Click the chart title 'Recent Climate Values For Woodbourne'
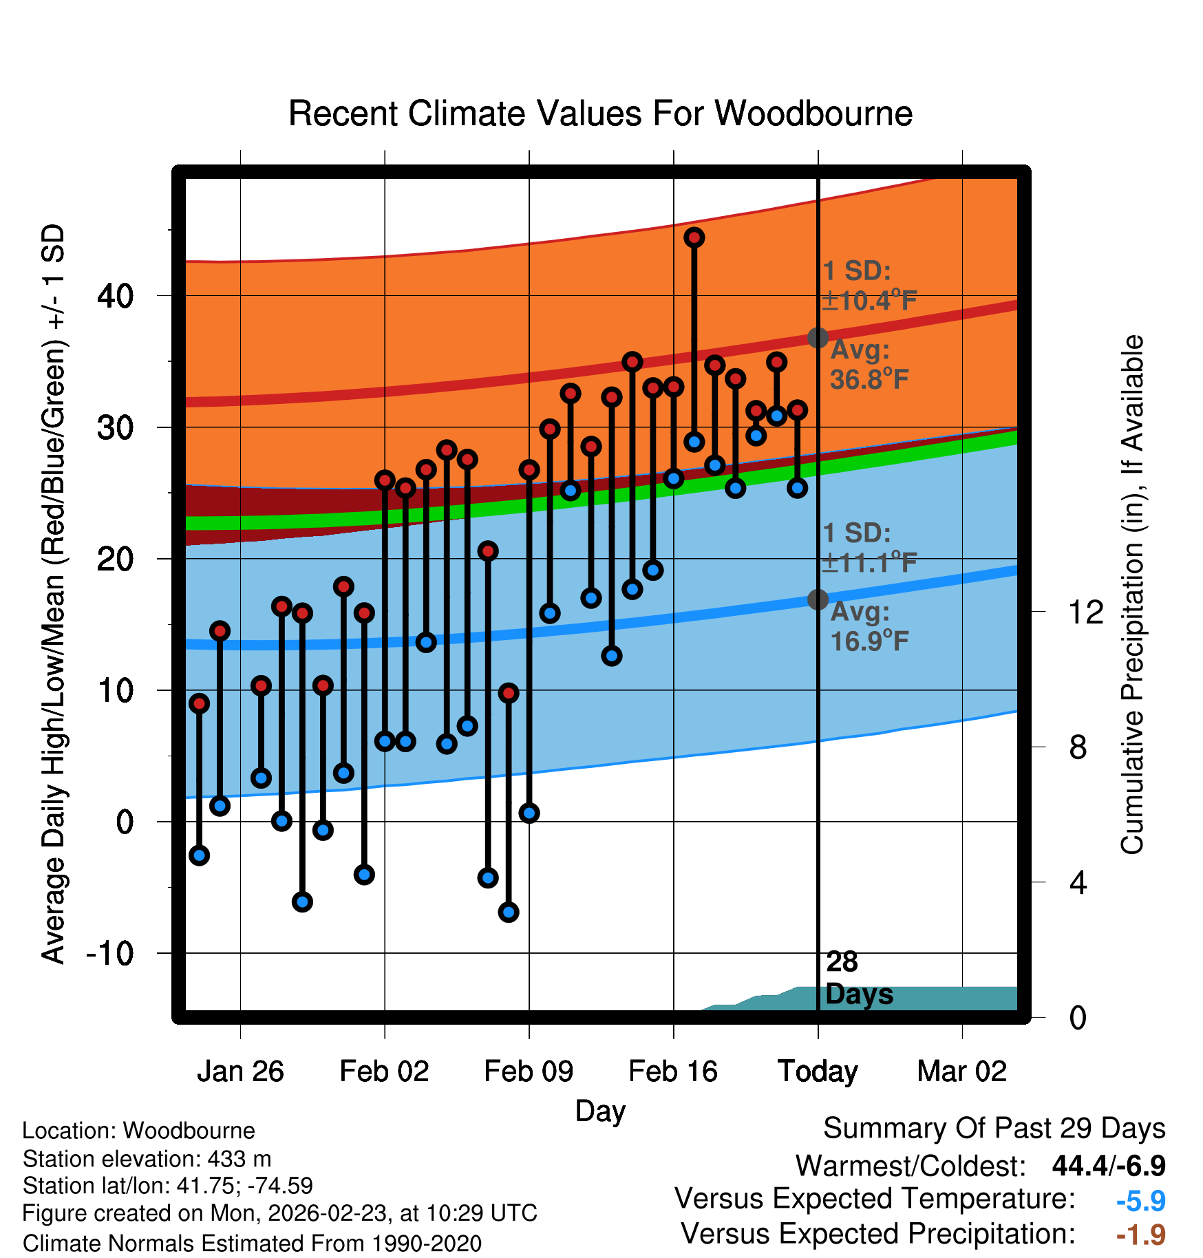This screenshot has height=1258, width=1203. click(600, 114)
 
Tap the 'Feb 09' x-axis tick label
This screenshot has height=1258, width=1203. click(529, 1071)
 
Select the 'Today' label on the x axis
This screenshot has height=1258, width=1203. click(818, 1071)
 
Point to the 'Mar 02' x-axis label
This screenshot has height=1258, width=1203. click(962, 1071)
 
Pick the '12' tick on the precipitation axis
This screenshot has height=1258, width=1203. click(1085, 612)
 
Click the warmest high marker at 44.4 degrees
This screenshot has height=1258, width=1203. click(694, 237)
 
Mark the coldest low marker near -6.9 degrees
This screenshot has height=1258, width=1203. click(509, 912)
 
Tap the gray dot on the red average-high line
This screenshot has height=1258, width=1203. click(818, 338)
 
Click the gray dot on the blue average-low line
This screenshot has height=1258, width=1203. click(818, 599)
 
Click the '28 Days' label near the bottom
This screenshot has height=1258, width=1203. click(858, 978)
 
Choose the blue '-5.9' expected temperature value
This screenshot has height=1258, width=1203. click(1140, 1201)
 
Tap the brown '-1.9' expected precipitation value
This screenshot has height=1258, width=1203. click(1140, 1235)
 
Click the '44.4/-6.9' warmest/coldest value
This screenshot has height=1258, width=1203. click(1108, 1166)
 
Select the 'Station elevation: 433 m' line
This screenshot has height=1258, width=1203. click(147, 1159)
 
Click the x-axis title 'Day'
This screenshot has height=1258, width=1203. click(600, 1111)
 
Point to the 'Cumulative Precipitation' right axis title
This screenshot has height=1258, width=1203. click(1132, 595)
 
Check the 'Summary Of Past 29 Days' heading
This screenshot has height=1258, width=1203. click(994, 1129)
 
